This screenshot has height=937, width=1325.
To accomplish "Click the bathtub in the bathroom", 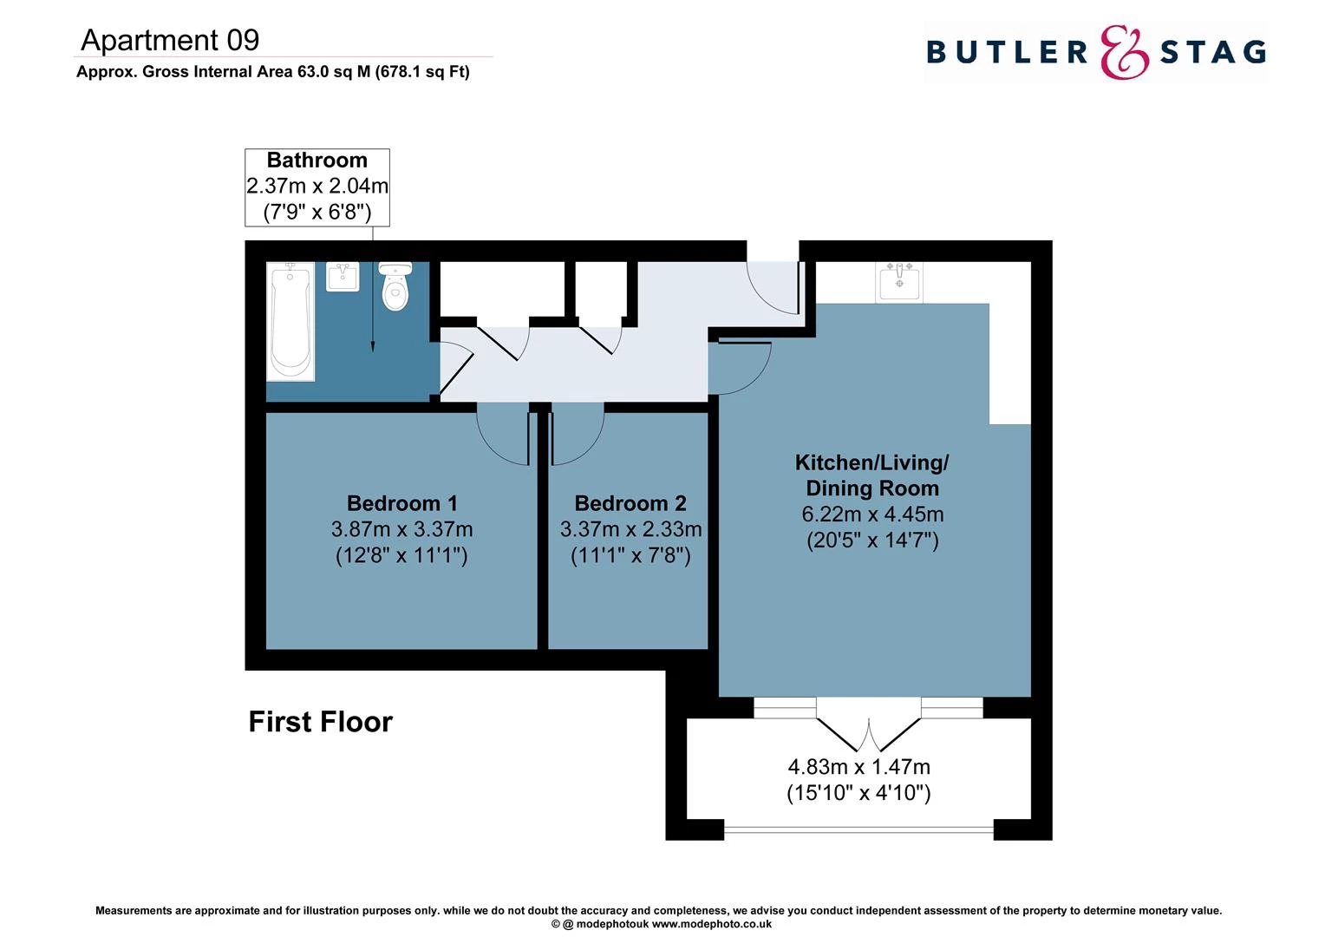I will click(290, 321).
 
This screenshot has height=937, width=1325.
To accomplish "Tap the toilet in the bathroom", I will click(395, 287).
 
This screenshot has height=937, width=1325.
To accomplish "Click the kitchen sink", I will click(899, 281).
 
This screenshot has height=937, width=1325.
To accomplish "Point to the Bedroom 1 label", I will click(401, 503).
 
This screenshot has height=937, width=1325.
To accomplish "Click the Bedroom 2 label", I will click(630, 503).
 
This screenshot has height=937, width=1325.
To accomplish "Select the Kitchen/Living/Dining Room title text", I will click(872, 475).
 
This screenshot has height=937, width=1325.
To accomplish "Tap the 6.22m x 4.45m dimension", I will click(872, 514).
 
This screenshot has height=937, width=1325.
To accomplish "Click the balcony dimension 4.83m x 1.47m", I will click(858, 767).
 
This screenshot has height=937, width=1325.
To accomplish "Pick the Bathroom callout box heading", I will click(317, 161).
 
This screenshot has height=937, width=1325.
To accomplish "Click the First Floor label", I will click(320, 722).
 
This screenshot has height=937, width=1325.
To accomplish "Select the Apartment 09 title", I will click(170, 40).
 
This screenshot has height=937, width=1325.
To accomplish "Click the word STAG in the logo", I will click(1212, 52).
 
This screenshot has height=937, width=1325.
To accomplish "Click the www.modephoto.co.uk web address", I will click(712, 924).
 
